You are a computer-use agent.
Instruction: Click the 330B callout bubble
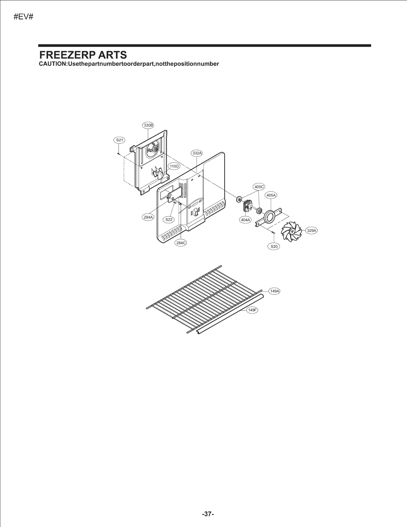click(x=148, y=125)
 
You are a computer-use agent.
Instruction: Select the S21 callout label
click(x=119, y=140)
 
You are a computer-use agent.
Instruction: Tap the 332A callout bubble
click(x=197, y=153)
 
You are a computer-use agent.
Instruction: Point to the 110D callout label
click(x=174, y=166)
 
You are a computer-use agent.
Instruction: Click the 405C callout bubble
click(x=259, y=187)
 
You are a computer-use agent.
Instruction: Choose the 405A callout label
click(x=271, y=195)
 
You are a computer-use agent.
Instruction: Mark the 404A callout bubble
click(x=245, y=220)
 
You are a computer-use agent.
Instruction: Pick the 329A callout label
click(x=311, y=231)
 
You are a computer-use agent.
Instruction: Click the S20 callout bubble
click(x=274, y=246)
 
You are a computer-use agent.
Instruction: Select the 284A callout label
click(x=148, y=217)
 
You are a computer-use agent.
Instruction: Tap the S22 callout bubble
click(x=169, y=219)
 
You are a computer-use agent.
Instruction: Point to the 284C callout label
click(x=181, y=243)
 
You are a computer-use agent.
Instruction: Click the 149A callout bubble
click(x=274, y=291)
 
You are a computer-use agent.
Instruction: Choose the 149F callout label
click(x=252, y=310)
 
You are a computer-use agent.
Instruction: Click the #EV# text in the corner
click(x=23, y=17)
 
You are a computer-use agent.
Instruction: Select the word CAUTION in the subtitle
click(x=52, y=64)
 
